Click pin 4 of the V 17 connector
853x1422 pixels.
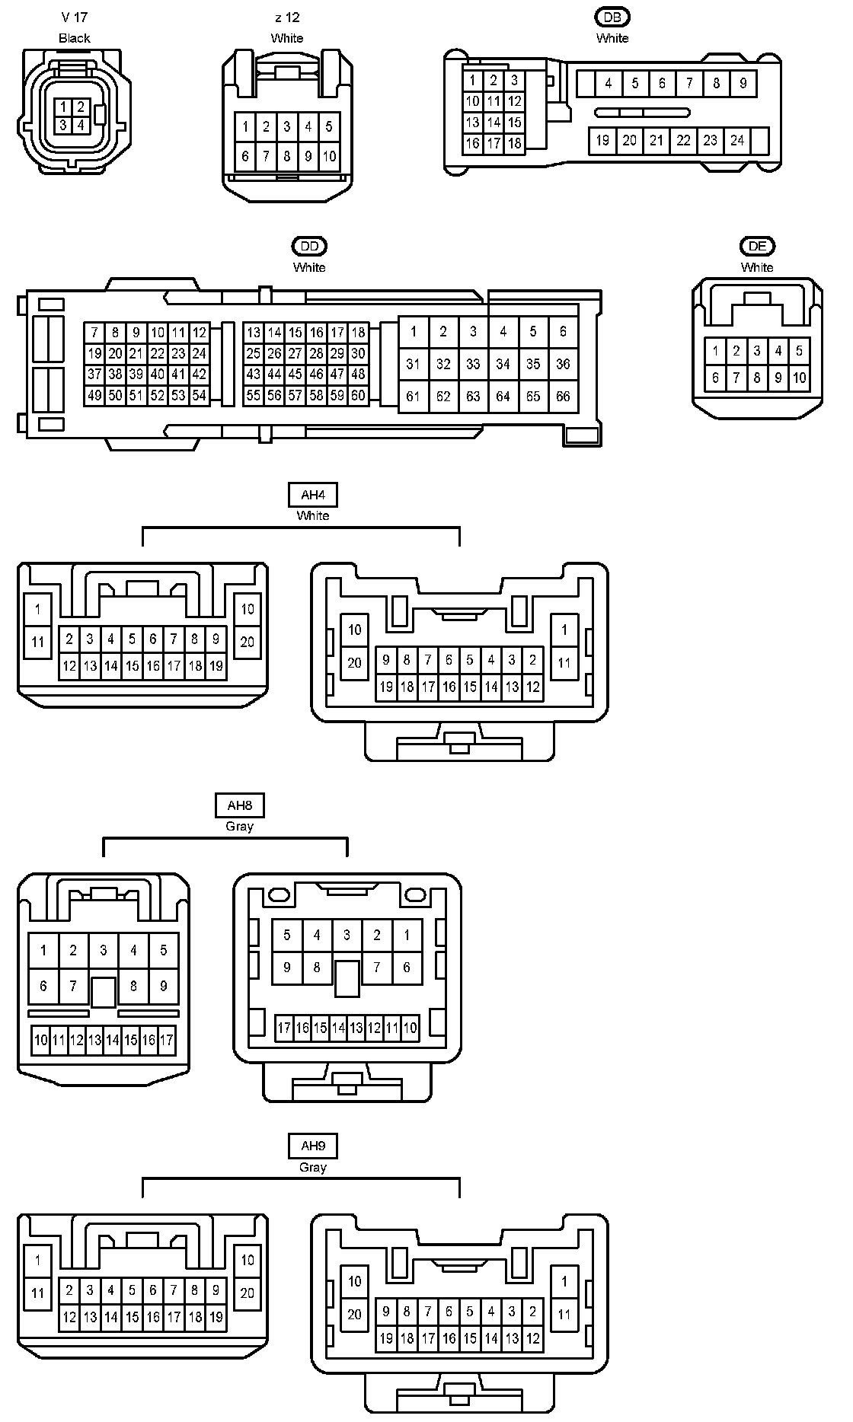point(81,124)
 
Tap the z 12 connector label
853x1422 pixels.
point(287,18)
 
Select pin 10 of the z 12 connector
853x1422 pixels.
point(329,157)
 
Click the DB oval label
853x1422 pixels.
point(612,18)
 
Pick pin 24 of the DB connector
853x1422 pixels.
point(737,140)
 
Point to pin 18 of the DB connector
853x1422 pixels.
point(514,142)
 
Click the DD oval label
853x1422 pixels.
point(309,246)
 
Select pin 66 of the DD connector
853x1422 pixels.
point(563,396)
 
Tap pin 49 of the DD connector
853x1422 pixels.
point(94,395)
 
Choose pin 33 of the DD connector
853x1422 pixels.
point(473,364)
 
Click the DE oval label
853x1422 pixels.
point(757,246)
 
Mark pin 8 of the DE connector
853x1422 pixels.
point(757,377)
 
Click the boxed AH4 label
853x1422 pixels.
point(313,495)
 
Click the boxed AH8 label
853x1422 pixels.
point(239,805)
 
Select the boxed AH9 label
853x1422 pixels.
point(313,1146)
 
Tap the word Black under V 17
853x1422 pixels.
point(75,38)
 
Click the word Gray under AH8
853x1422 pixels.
point(239,826)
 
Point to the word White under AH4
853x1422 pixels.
point(313,515)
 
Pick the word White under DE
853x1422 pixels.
point(757,267)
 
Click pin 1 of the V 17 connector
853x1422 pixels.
point(63,107)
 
